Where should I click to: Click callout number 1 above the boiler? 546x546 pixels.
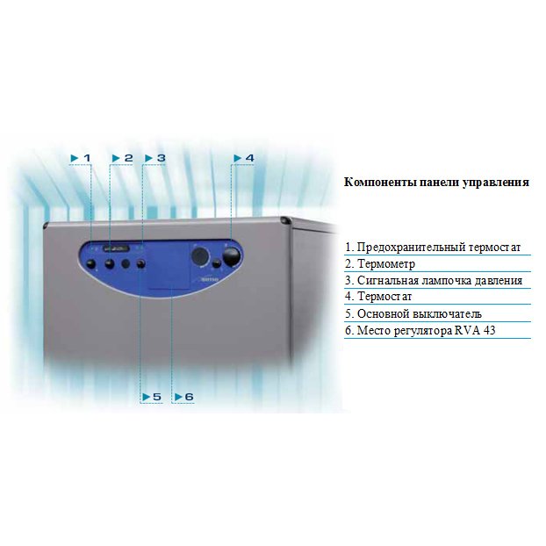pyautogui.click(x=81, y=158)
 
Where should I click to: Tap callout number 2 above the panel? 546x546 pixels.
pyautogui.click(x=123, y=158)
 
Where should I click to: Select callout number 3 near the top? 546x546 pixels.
pyautogui.click(x=155, y=158)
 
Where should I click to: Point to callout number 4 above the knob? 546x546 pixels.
pyautogui.click(x=244, y=158)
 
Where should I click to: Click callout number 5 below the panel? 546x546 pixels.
pyautogui.click(x=152, y=397)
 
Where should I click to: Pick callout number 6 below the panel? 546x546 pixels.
pyautogui.click(x=183, y=397)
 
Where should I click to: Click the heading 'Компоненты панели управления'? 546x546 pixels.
pyautogui.click(x=436, y=183)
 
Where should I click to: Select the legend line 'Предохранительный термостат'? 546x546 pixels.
pyautogui.click(x=433, y=248)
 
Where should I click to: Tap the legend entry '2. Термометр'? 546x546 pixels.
pyautogui.click(x=380, y=264)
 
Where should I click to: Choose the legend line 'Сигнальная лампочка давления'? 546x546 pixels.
pyautogui.click(x=434, y=281)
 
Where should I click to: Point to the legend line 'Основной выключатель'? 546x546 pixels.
pyautogui.click(x=413, y=314)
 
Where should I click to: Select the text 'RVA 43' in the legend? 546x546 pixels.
pyautogui.click(x=510, y=331)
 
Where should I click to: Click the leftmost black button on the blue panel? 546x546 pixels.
pyautogui.click(x=92, y=262)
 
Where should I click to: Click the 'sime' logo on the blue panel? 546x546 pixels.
pyautogui.click(x=209, y=283)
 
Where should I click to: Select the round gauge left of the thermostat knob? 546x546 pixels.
pyautogui.click(x=201, y=255)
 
